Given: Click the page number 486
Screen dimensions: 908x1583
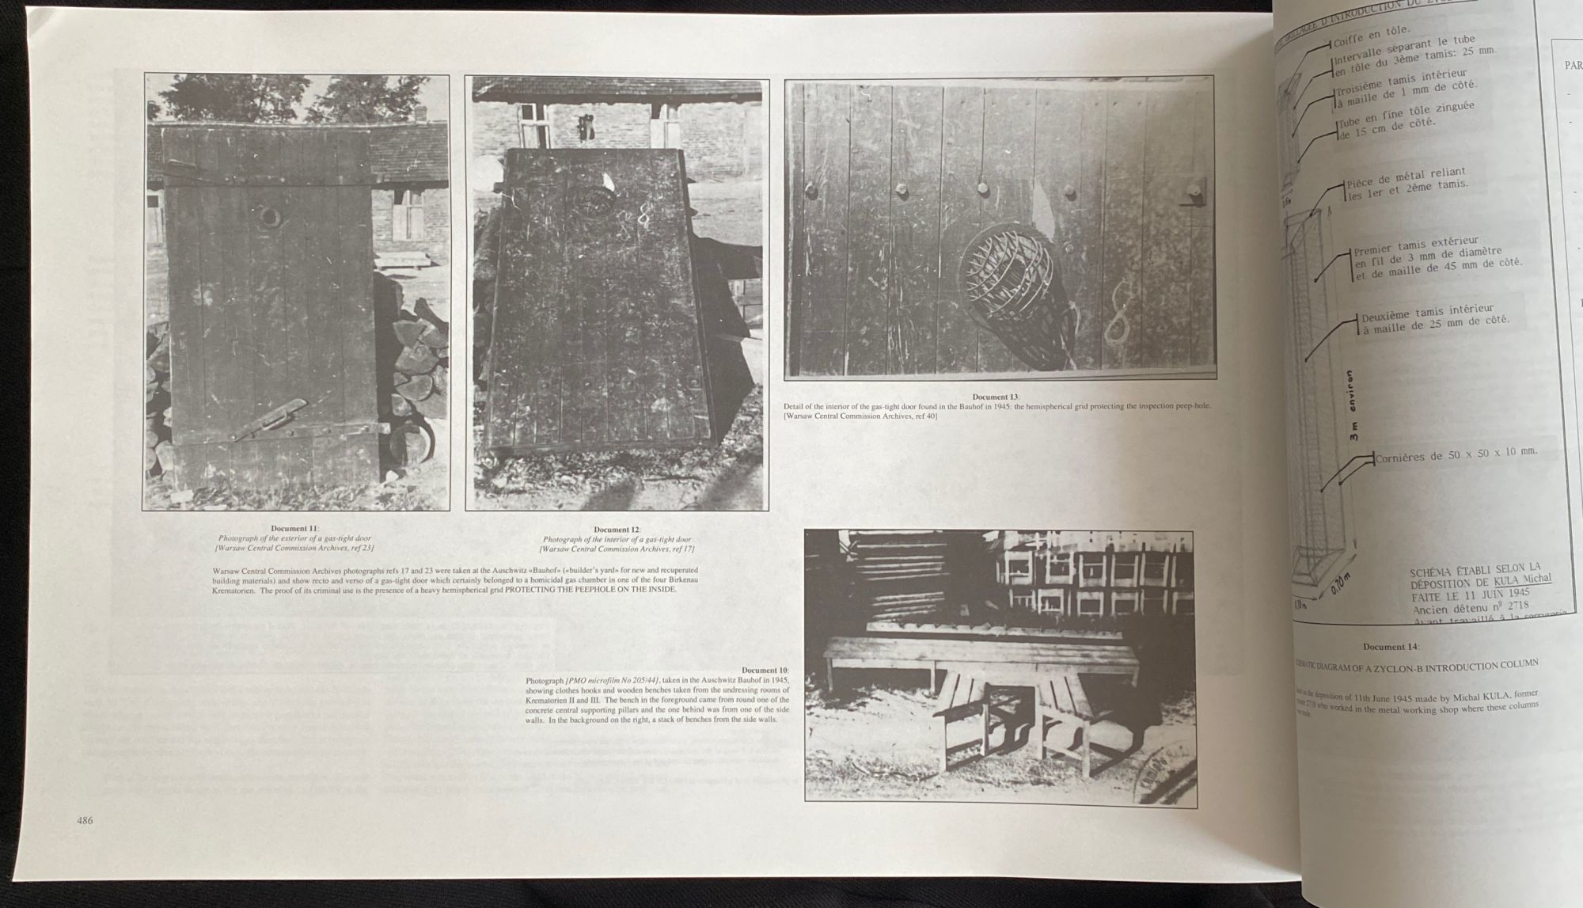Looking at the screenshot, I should [85, 820].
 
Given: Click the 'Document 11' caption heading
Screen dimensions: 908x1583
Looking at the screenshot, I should [294, 529].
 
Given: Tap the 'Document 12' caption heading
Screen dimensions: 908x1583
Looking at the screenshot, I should [617, 530].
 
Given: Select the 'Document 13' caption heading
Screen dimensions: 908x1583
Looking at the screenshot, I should [996, 397].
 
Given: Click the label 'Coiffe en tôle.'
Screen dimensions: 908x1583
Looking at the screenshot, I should [1371, 36].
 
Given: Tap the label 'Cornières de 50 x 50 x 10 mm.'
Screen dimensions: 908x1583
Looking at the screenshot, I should [1455, 455].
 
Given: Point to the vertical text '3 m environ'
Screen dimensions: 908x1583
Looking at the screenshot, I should [1353, 405].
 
